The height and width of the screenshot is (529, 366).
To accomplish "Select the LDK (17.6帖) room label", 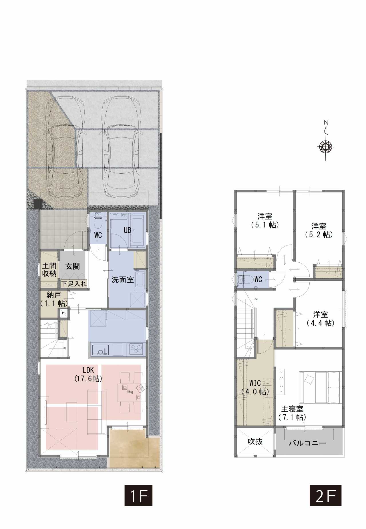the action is coord(88,375).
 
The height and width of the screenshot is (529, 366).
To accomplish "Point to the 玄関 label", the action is coord(72,266).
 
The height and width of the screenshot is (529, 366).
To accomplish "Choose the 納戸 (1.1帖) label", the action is coord(53,299).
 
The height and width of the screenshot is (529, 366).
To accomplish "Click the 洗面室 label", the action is coord(123,280).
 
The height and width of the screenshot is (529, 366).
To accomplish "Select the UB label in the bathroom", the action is coord(128,230).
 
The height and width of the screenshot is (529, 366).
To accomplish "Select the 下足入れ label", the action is coord(73,284).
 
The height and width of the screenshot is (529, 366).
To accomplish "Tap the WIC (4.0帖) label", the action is coord(255,387).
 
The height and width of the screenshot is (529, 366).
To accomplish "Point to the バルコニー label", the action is coord(307,444).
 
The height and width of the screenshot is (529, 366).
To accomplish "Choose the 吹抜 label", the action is coord(255,441).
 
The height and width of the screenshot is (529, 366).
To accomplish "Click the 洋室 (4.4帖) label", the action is coord(320,319).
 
